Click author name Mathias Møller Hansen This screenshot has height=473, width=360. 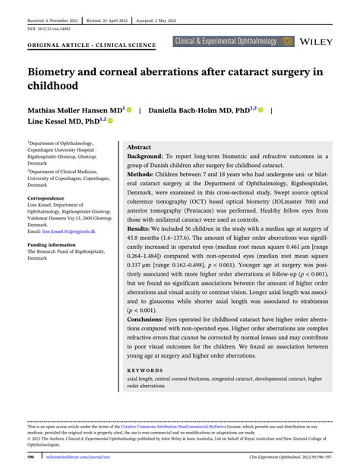[67, 110]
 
